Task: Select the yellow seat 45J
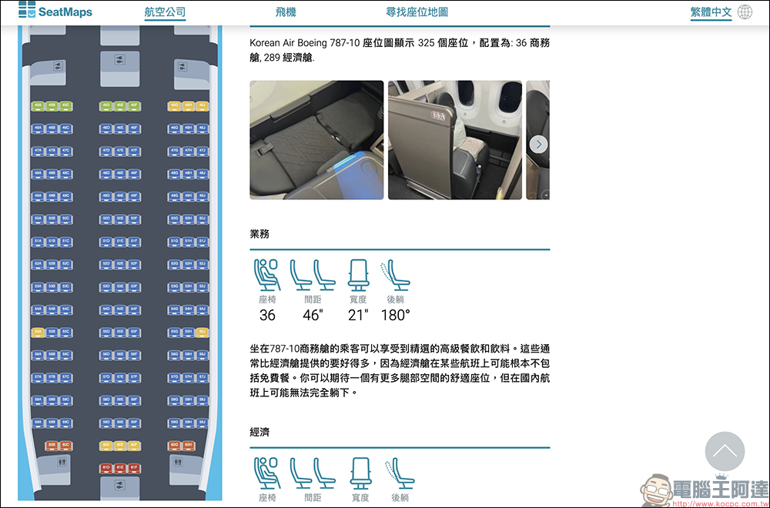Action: [x=203, y=105]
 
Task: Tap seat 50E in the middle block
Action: [x=120, y=219]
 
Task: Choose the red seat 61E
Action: [x=120, y=467]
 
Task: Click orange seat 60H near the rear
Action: [x=188, y=445]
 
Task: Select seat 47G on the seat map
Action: [x=175, y=151]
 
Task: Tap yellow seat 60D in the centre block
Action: [x=106, y=445]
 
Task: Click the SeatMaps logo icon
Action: [x=27, y=10]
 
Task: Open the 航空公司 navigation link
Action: [x=165, y=12]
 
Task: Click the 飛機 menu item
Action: [x=286, y=12]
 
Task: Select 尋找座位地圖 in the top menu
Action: [x=417, y=12]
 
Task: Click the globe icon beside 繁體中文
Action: [x=745, y=12]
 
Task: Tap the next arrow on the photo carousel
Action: [x=539, y=144]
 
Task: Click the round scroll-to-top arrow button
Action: [x=725, y=452]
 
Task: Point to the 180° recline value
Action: [x=396, y=315]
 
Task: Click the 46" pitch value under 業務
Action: [x=313, y=315]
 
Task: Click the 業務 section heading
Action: [x=260, y=234]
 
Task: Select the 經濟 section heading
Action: [x=260, y=432]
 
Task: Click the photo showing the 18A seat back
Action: [x=454, y=140]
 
